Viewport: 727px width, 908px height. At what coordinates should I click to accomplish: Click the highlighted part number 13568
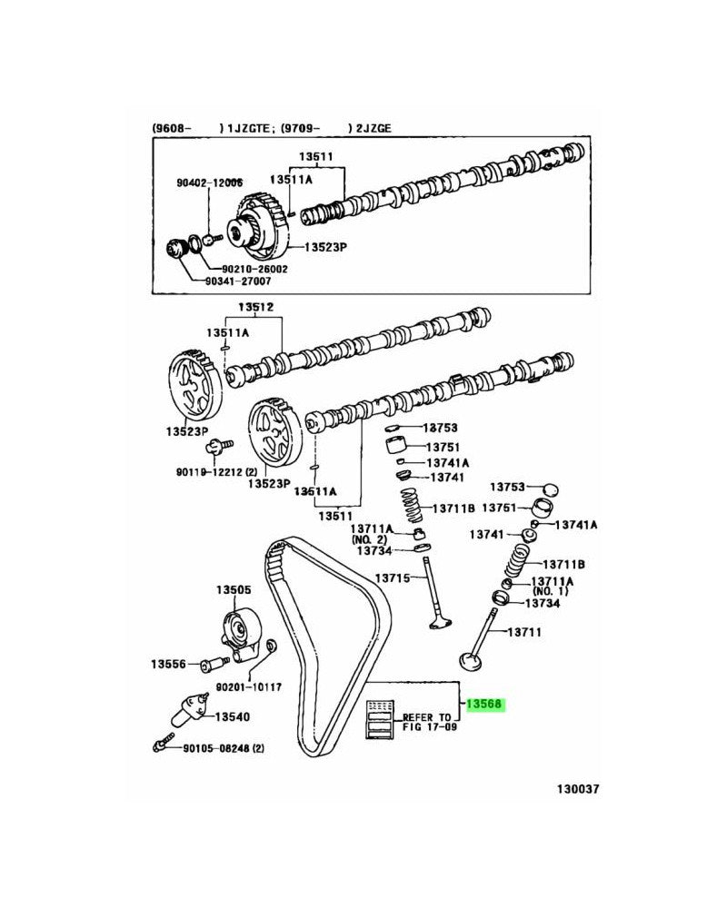[483, 704]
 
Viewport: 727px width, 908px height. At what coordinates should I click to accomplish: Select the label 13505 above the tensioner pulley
[233, 590]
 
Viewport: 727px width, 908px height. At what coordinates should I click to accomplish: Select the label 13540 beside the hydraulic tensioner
[233, 716]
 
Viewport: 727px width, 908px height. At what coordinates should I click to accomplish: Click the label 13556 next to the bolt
[168, 665]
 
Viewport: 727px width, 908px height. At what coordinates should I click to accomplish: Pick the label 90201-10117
[248, 687]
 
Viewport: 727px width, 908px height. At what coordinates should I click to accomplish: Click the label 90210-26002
[254, 269]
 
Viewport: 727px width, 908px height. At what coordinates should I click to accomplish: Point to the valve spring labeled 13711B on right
[524, 558]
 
